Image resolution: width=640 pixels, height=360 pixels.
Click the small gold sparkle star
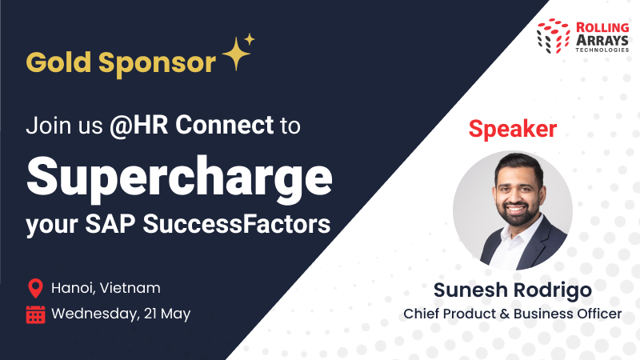point(250,38)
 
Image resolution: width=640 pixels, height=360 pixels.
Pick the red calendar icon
point(35,314)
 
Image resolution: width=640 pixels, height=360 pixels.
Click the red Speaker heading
point(513,128)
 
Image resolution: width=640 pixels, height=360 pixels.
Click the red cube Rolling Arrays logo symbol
point(553,37)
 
